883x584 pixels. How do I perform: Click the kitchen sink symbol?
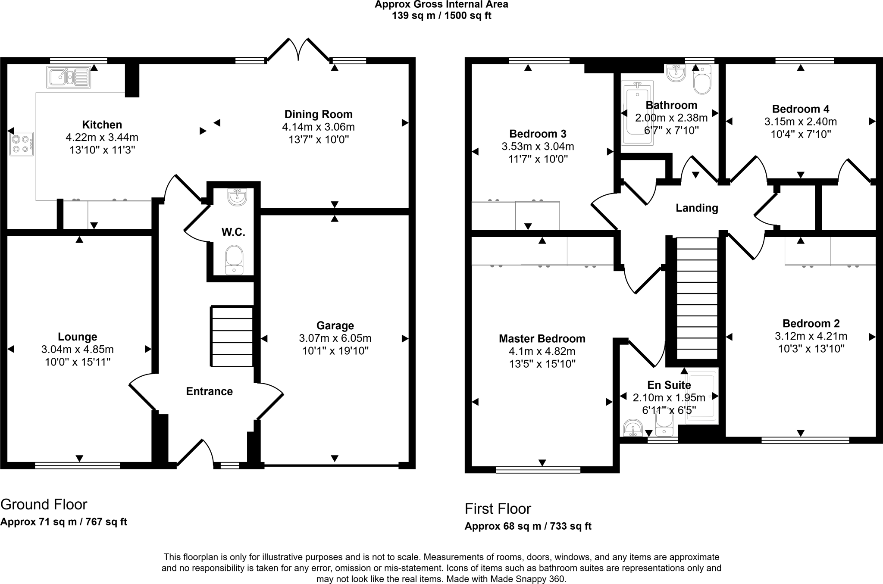pos(69,78)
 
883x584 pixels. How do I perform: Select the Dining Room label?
pos(318,115)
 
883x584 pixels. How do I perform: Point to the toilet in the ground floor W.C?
pos(234,259)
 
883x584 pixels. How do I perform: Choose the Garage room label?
pos(335,326)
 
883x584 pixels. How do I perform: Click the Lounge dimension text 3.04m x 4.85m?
pos(78,350)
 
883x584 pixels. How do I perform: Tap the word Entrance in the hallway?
pos(209,391)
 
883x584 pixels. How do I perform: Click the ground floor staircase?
pos(232,337)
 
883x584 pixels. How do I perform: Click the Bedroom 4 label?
pos(800,109)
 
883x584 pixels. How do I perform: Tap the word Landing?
pos(697,208)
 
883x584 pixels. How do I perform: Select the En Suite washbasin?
pos(633,428)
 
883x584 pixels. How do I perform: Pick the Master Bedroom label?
pos(542,339)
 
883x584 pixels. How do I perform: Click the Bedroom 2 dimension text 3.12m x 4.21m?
pos(811,336)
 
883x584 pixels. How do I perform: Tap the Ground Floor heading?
pos(44,504)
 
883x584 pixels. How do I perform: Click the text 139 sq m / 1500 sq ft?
pos(441,16)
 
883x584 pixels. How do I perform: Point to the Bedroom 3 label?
pos(538,134)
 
